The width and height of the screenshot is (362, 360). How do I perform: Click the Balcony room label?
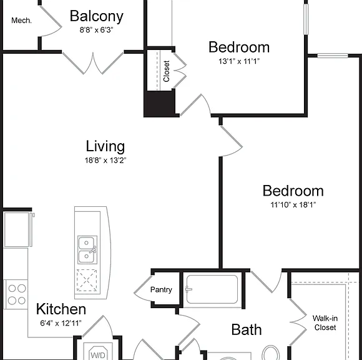click(97, 16)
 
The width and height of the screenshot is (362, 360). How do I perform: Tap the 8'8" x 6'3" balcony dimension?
click(96, 30)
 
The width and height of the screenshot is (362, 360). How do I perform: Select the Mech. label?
click(21, 21)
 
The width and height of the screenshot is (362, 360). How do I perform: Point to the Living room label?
click(105, 146)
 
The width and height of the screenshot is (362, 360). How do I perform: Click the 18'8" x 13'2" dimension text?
click(105, 160)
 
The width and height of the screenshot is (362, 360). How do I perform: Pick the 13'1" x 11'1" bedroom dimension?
click(239, 61)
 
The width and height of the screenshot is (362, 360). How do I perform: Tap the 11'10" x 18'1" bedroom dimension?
click(293, 205)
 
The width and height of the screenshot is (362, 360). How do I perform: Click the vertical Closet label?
click(167, 71)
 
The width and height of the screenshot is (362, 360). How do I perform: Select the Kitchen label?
click(61, 309)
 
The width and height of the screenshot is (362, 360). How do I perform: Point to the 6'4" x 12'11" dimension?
click(61, 323)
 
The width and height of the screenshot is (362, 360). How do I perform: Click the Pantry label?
click(161, 290)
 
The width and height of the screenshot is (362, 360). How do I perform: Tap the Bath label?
click(247, 329)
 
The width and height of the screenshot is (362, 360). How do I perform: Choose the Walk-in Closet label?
click(325, 322)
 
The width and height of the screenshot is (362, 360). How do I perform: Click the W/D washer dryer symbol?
click(98, 353)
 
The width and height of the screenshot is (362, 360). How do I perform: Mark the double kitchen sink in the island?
click(87, 250)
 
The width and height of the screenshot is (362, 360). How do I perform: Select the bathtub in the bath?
click(212, 289)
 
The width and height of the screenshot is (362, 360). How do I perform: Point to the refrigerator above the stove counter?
click(17, 229)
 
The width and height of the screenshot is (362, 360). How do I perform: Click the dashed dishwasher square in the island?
click(87, 281)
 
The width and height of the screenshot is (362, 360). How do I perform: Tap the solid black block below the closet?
click(159, 103)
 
